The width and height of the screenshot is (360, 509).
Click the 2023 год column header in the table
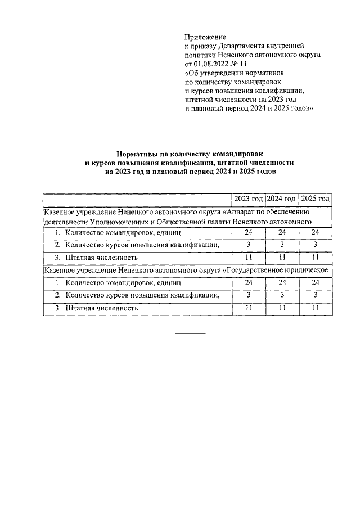[x=249, y=199]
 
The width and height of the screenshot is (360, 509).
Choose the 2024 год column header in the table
[x=281, y=199]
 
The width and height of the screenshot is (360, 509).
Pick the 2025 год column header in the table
[x=315, y=199]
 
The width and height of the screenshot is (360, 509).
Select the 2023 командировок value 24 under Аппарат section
[x=249, y=233]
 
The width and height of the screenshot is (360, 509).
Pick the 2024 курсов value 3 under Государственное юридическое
[x=282, y=295]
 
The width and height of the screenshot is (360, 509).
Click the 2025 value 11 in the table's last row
[x=315, y=308]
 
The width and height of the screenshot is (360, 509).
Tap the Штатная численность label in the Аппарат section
[x=102, y=258]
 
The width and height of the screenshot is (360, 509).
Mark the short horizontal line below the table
[x=190, y=334]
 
